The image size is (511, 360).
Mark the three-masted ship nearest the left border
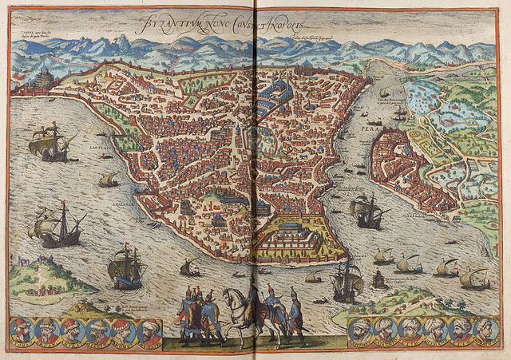click(x=56, y=226)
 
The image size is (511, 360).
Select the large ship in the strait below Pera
click(x=368, y=211)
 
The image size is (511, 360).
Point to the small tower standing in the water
click(x=378, y=279)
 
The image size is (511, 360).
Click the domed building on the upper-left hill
click(x=44, y=78)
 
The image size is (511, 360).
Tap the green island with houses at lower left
click(x=44, y=275)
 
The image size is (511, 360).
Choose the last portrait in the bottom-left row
click(x=149, y=330)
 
